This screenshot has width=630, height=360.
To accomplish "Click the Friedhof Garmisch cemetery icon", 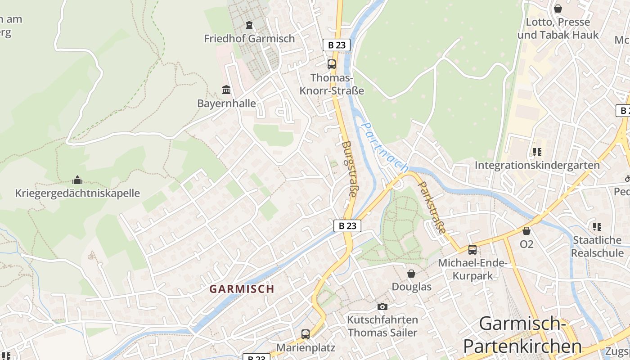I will pos(249,25).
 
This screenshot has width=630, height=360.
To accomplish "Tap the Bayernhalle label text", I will pos(226,103).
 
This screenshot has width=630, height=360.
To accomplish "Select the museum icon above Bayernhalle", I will pos(226,90).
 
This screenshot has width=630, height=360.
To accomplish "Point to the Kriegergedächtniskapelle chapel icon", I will pos(77,180).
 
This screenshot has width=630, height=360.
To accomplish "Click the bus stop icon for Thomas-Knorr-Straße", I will pos(332,64).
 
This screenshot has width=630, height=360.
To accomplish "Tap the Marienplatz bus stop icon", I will pos(306,334).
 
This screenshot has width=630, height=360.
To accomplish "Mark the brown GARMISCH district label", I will pos(242,289).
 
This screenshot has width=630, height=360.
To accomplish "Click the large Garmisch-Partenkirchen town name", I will pos(522,335).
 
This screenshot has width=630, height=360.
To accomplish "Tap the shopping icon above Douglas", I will pos(411,274).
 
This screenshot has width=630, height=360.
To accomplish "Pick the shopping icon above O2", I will pos(526,231).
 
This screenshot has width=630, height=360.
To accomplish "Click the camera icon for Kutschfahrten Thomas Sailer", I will pos(382,306).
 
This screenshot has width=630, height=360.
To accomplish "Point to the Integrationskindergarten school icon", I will pos(537,152).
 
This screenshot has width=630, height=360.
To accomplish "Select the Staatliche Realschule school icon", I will pos(597,226).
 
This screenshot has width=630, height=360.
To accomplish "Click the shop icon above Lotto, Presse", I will pos(558,9).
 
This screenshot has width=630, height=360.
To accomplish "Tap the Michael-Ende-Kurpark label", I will pos(472,269).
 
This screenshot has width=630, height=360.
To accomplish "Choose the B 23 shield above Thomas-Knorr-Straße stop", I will pos(336,45).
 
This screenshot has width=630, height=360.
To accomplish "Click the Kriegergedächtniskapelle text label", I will pos(77,193).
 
